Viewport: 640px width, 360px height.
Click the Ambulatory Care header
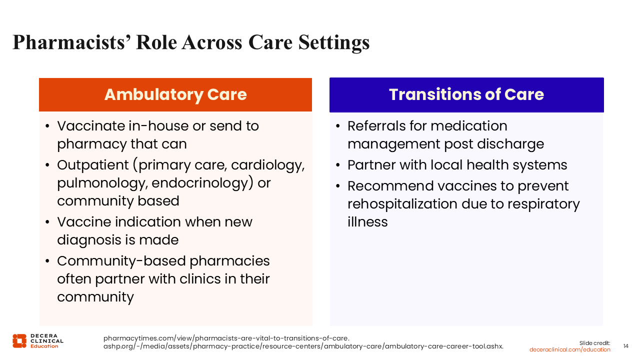click(175, 94)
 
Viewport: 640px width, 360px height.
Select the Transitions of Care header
click(466, 94)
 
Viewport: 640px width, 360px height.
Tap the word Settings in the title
click(334, 43)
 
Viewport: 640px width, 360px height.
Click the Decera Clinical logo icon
click(19, 341)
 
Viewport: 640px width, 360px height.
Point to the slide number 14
click(625, 346)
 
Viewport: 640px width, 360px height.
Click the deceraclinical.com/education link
click(569, 349)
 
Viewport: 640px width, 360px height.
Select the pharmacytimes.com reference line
click(226, 338)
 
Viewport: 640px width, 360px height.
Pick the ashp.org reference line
click(303, 346)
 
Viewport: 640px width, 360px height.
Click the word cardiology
click(267, 165)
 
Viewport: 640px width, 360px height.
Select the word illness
click(367, 221)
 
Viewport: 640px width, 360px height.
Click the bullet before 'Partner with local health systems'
click(338, 165)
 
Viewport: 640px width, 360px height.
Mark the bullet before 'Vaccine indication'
click(47, 222)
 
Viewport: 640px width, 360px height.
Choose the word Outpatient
click(93, 165)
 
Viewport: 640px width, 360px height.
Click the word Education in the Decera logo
click(44, 346)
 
